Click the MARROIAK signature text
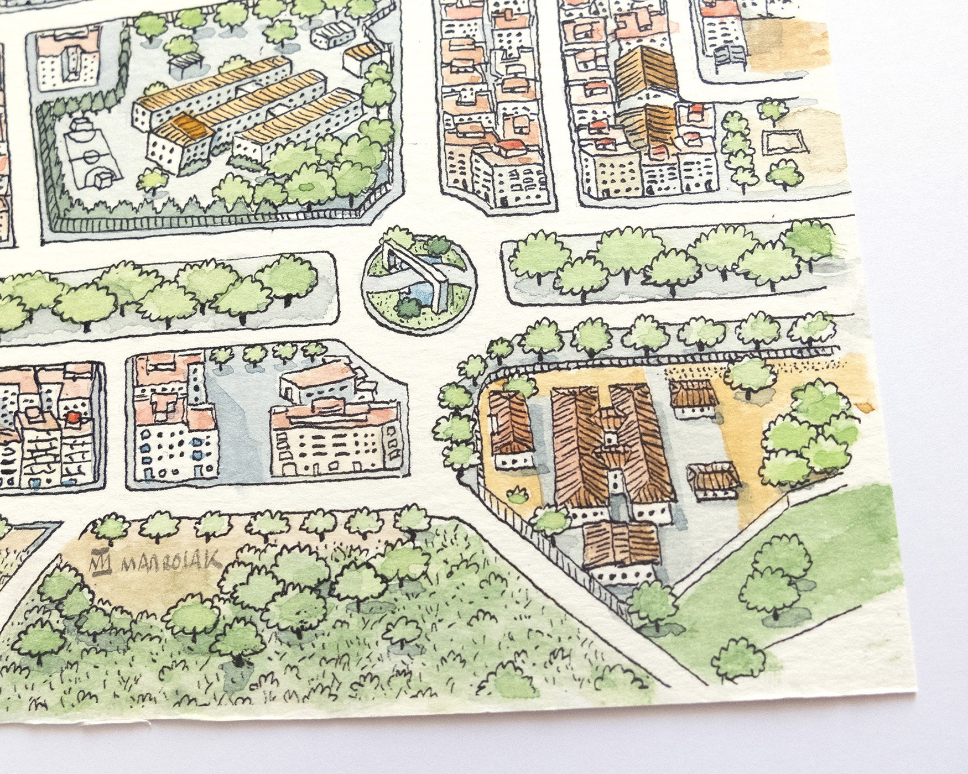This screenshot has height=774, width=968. pyautogui.click(x=171, y=562)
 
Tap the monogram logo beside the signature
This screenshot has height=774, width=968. pyautogui.click(x=101, y=562)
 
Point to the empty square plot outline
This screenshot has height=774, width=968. pyautogui.click(x=784, y=142)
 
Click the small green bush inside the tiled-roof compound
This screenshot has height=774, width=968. pyautogui.click(x=518, y=494)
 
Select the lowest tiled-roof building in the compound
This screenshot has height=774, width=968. pyautogui.click(x=621, y=550)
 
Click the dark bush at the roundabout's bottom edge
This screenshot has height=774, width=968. pyautogui.click(x=410, y=306)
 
